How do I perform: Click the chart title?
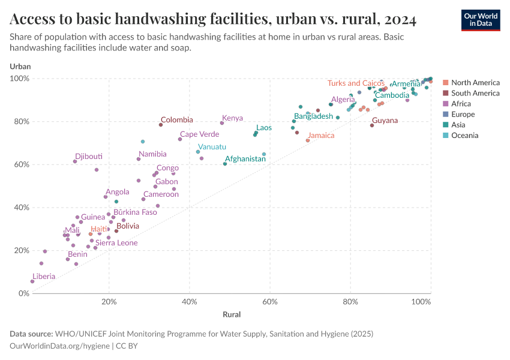(x=213, y=19)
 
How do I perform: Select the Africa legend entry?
(x=461, y=104)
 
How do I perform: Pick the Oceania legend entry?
(x=464, y=136)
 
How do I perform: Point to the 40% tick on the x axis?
(x=190, y=301)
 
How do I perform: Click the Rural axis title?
(x=232, y=314)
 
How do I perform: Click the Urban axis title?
(x=20, y=67)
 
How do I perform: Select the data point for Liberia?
(x=32, y=281)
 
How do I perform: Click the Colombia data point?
(x=161, y=125)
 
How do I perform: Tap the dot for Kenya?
(x=222, y=123)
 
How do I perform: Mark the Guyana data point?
(x=372, y=125)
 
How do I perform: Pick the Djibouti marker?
(x=75, y=161)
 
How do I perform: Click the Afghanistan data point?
(x=225, y=164)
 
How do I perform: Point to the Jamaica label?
(x=321, y=136)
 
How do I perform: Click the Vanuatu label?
(x=212, y=147)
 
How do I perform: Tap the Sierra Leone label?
(x=116, y=243)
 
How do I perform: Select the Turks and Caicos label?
(x=356, y=83)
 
